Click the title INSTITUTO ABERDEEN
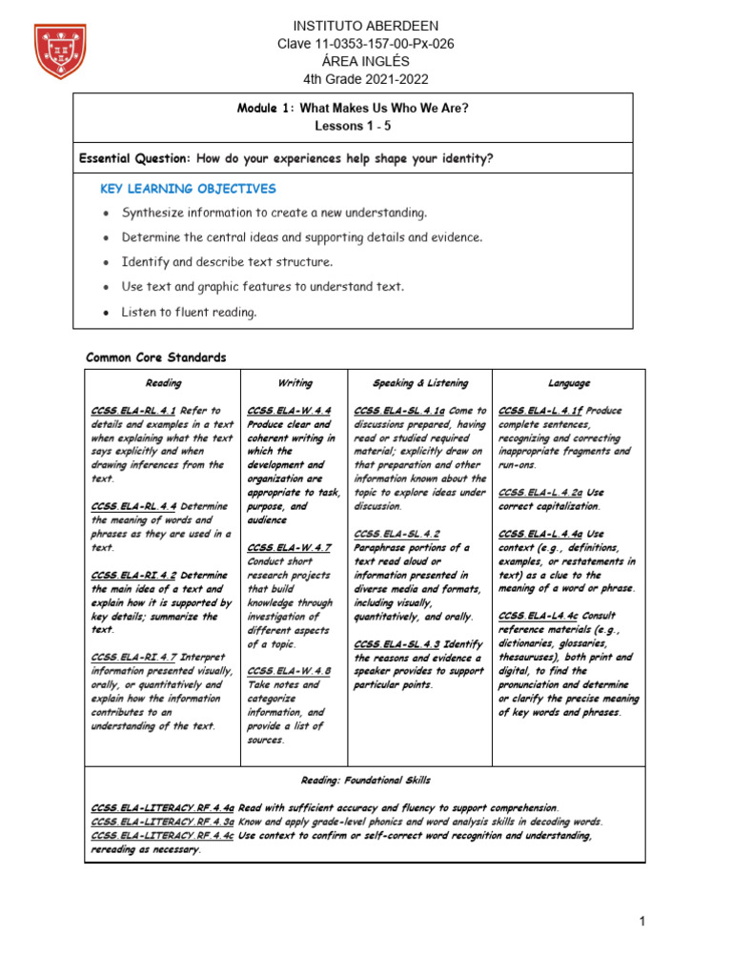[x=353, y=26]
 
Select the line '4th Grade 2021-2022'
[x=353, y=78]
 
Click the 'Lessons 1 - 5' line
[x=353, y=126]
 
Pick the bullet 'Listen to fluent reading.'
[x=189, y=312]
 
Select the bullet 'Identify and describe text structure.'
[x=227, y=261]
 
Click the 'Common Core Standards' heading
[x=156, y=357]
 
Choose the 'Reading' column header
[x=163, y=383]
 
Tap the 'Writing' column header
[x=295, y=383]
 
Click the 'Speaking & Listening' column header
[x=419, y=383]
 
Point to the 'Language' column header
[x=569, y=383]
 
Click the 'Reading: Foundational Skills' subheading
[x=365, y=779]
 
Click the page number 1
[x=642, y=921]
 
